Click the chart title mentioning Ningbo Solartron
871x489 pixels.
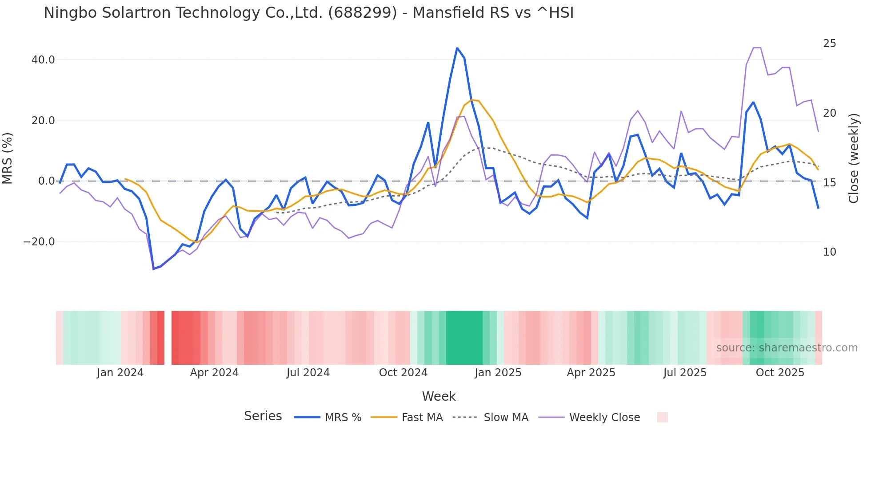(x=308, y=13)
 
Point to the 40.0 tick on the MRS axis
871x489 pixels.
(x=43, y=60)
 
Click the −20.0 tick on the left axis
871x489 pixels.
(x=39, y=242)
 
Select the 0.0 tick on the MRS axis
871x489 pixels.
(x=47, y=181)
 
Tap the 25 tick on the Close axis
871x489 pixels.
(x=829, y=43)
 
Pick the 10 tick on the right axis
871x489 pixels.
(x=829, y=252)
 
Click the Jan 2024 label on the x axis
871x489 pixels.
(x=120, y=373)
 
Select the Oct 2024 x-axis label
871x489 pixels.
(x=403, y=373)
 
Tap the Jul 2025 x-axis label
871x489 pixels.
(x=685, y=373)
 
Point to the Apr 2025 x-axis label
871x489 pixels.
(x=591, y=373)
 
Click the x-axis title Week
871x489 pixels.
(x=439, y=396)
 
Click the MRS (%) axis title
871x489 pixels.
(x=8, y=158)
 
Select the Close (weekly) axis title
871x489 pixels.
(x=854, y=158)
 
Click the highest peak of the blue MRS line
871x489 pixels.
(x=457, y=48)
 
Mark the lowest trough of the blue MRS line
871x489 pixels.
(x=154, y=269)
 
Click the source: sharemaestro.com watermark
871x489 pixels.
(x=787, y=348)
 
